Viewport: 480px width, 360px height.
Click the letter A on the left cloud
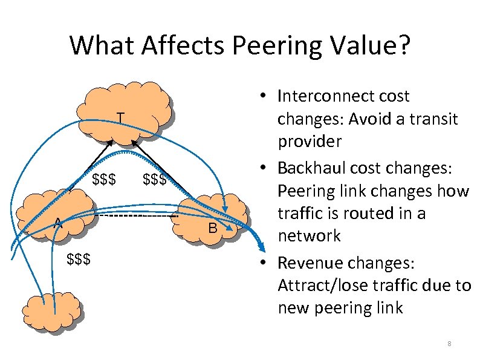(x=57, y=223)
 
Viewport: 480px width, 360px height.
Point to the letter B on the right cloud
(x=212, y=228)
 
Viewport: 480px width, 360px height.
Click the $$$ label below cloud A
(x=79, y=260)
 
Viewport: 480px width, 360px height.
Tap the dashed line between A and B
(x=133, y=216)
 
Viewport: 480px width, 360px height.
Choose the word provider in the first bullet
(x=310, y=142)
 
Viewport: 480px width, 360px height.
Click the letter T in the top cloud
(x=121, y=117)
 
